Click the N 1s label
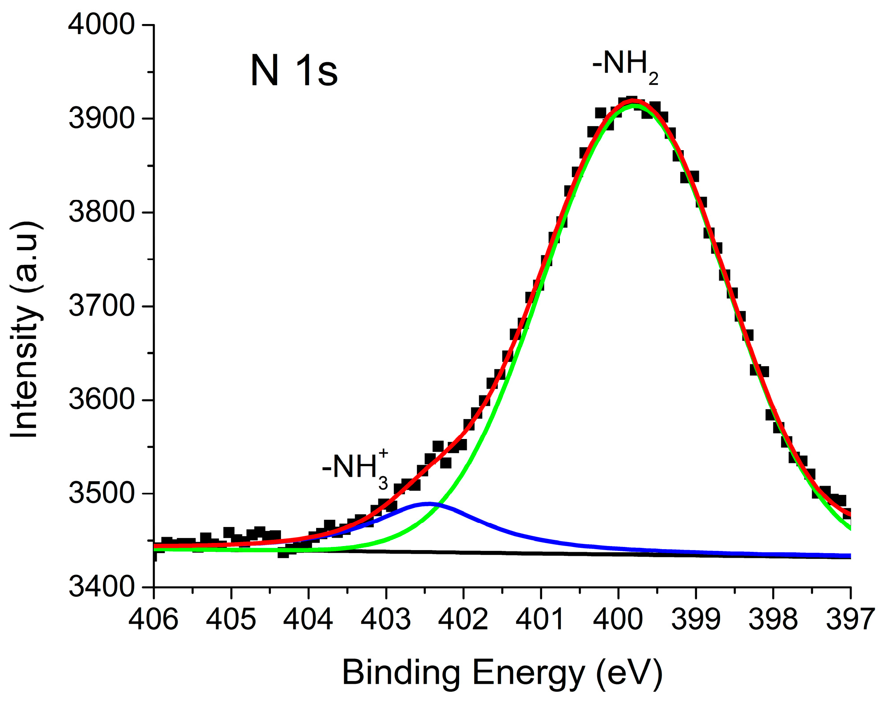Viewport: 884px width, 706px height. tap(294, 71)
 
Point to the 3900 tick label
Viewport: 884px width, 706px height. tap(101, 119)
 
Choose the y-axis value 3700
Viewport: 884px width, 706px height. tap(101, 306)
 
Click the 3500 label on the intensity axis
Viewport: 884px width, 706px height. tap(101, 494)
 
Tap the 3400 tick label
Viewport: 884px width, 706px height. tap(101, 587)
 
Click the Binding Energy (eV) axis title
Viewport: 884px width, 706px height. tap(502, 673)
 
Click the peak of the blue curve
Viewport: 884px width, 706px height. tap(428, 504)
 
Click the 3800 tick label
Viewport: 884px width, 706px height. tap(101, 212)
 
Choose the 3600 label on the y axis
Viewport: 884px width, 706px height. tap(101, 400)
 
